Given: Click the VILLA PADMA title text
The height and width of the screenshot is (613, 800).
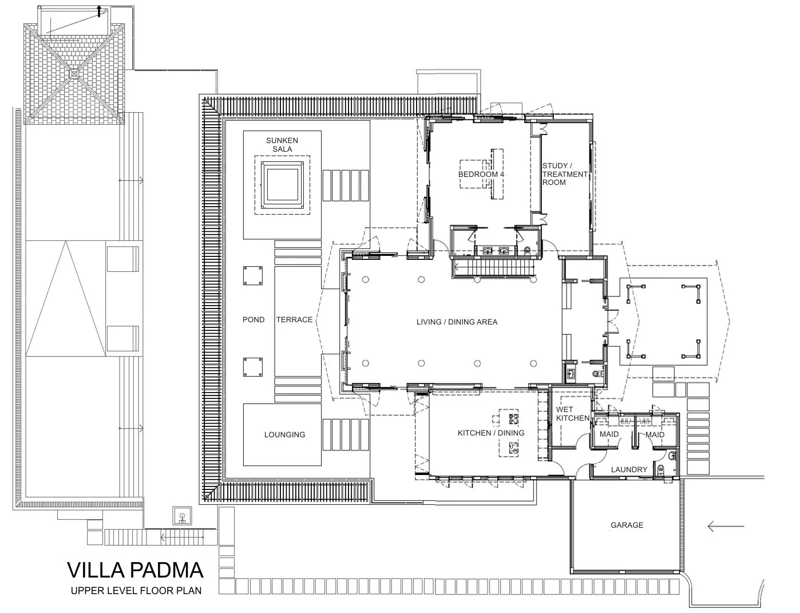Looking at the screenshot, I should pos(135,571).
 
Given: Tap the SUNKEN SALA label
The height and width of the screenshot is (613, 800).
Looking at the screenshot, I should pos(282,145).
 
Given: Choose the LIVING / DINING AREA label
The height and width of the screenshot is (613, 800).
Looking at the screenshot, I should pos(457,322).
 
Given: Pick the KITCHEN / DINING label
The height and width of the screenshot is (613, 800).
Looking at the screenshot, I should pos(490,433).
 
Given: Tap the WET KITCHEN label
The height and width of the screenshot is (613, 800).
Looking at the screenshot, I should pos(572,414).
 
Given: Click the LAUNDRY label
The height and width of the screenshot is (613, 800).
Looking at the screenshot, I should pos(628,469).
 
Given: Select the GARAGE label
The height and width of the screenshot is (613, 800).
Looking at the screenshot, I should pos(627,525).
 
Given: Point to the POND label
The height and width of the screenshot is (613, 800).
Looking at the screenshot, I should pos(254,319).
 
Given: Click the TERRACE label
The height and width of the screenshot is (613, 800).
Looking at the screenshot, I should pos(294,319).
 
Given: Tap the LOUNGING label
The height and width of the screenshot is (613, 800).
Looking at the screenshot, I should pos(284,434).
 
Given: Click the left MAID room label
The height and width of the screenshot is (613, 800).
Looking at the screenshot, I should pos(609,434).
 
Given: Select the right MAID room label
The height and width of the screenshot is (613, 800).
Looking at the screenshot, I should pos(655,434).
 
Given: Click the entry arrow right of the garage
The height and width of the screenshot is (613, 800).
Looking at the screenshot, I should pos(726,526).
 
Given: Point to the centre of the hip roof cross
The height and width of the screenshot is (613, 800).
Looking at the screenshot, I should pos(74,73).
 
